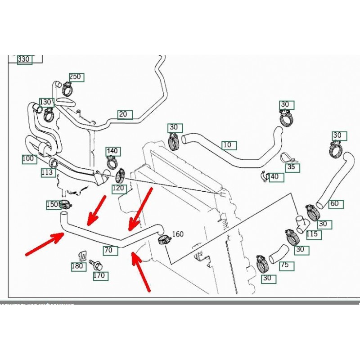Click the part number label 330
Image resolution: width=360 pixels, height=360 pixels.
(x=24, y=59)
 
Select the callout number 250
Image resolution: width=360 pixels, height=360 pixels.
(x=75, y=77)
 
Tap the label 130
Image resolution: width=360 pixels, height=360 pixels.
(x=46, y=102)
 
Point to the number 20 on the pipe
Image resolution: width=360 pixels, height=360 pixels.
(x=123, y=114)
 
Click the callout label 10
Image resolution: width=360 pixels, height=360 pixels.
(x=229, y=145)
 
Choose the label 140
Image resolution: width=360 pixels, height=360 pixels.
(x=112, y=151)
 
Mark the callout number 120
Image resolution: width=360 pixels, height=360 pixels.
(x=118, y=188)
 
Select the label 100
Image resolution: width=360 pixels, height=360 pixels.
(x=28, y=159)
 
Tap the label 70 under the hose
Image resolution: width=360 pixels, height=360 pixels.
(x=108, y=250)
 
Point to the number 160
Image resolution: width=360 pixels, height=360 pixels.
(x=178, y=234)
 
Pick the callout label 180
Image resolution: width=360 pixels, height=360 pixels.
(x=78, y=266)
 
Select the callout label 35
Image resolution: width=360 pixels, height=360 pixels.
(x=291, y=167)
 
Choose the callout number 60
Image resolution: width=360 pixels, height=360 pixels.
(x=334, y=203)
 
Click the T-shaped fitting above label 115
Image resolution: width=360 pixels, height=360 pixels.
(x=300, y=222)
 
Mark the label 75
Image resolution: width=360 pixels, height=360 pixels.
(x=284, y=265)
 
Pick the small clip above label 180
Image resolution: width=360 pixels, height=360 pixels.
(x=82, y=255)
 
